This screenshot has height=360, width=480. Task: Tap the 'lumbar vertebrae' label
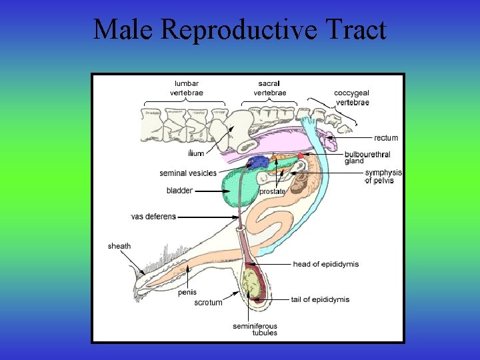tap(187, 88)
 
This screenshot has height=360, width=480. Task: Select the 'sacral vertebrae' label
tap(270, 88)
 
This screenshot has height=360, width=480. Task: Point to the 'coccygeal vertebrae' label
tap(352, 97)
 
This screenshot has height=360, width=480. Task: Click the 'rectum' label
tap(386, 138)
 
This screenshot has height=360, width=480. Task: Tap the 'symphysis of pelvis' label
tap(383, 176)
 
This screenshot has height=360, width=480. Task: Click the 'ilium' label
tap(196, 154)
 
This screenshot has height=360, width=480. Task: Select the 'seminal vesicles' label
tap(188, 173)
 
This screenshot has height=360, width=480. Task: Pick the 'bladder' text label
tap(179, 191)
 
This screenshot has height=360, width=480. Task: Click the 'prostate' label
tap(272, 191)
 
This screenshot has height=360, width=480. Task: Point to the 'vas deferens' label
tap(153, 217)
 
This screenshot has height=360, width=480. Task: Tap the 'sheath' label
tap(119, 247)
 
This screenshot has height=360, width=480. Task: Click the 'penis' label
tap(187, 292)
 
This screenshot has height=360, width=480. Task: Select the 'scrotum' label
tap(208, 303)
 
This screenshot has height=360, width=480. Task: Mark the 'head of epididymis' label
tap(325, 264)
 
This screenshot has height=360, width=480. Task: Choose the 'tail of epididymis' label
tap(320, 299)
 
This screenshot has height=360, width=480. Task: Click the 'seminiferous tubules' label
tap(255, 329)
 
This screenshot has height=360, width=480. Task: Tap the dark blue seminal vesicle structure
tap(259, 162)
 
